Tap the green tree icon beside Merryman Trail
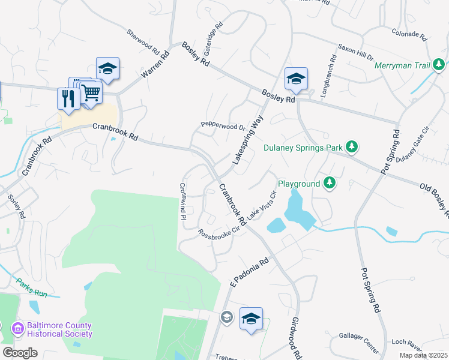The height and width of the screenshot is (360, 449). click(439, 64)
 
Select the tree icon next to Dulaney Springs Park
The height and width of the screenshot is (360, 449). click(353, 147)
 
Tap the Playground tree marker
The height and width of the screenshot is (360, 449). click(329, 182)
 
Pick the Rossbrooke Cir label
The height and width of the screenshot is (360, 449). click(223, 229)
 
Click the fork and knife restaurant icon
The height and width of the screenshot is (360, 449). click(67, 98)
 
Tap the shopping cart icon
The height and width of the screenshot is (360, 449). click(91, 92)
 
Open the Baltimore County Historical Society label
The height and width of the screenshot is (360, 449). click(59, 330)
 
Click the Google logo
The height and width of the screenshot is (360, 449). click(20, 353)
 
